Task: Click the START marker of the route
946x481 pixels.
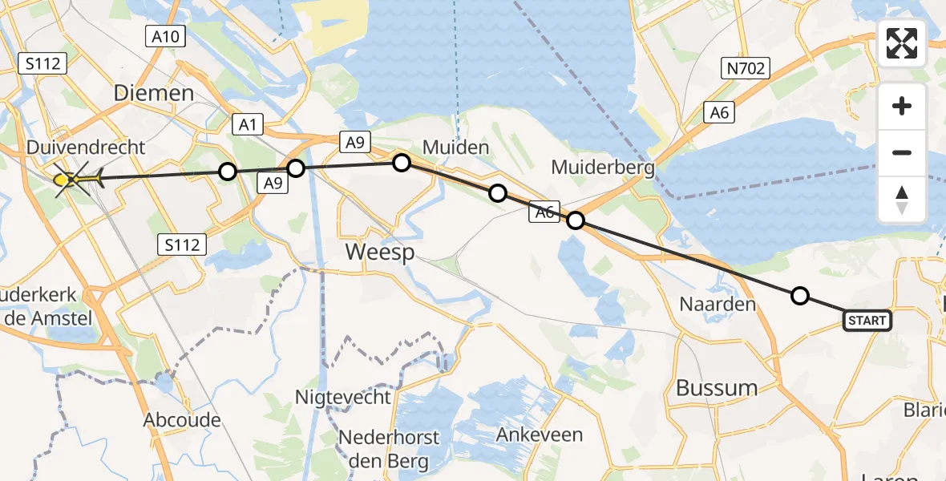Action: click(867, 321)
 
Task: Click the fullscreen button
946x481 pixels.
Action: click(902, 43)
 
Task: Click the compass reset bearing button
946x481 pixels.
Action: click(902, 200)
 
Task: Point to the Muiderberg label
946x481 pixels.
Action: click(602, 168)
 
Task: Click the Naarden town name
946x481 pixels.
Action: click(718, 304)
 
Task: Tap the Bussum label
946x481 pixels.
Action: click(716, 388)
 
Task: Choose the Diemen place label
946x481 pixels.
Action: click(153, 93)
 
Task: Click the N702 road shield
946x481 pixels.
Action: click(746, 69)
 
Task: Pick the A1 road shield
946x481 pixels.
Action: click(248, 123)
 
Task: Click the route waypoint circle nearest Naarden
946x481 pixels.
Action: click(799, 297)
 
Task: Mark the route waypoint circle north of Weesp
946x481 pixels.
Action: click(402, 163)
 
